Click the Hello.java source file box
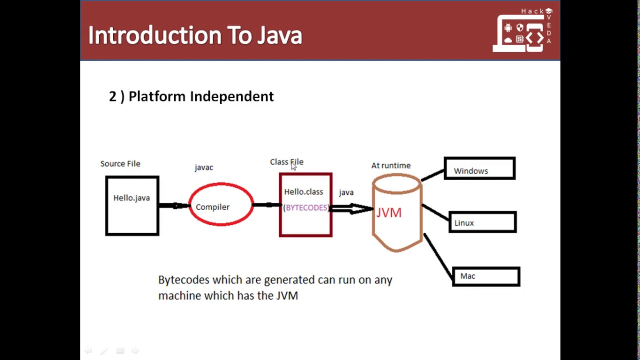[132, 205]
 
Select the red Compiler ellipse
[221, 204]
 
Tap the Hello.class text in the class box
[303, 192]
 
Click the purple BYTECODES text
[306, 207]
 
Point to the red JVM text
[389, 213]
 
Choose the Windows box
[479, 169]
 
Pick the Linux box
[482, 222]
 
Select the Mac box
[486, 276]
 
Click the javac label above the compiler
[204, 167]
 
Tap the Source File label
[120, 163]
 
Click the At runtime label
[391, 165]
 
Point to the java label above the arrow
[346, 192]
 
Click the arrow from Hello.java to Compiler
[173, 205]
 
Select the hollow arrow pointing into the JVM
[351, 208]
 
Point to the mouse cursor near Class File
[293, 166]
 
